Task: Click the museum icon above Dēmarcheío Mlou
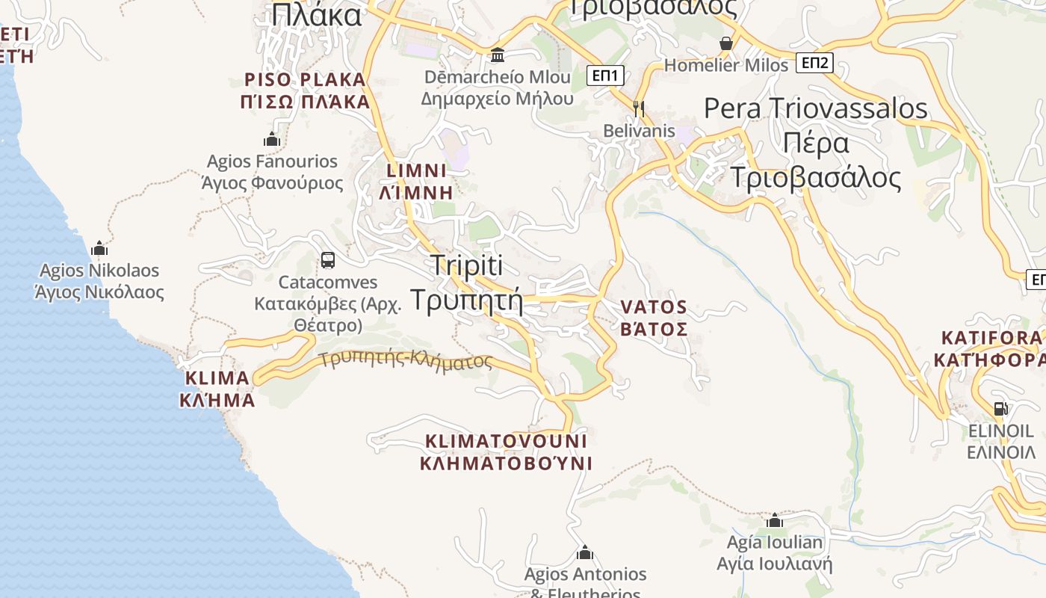pyautogui.click(x=498, y=55)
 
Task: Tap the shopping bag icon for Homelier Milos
pyautogui.click(x=725, y=43)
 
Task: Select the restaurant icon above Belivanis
pyautogui.click(x=638, y=108)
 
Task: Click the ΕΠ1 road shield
pyautogui.click(x=605, y=75)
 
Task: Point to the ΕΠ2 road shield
pyautogui.click(x=814, y=63)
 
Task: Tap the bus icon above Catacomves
pyautogui.click(x=327, y=260)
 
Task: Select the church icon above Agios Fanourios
pyautogui.click(x=272, y=139)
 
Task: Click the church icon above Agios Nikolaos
pyautogui.click(x=99, y=248)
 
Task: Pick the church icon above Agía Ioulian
pyautogui.click(x=775, y=520)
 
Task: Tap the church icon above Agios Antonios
pyautogui.click(x=585, y=552)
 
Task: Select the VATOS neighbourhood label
pyautogui.click(x=654, y=318)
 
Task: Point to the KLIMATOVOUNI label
pyautogui.click(x=506, y=451)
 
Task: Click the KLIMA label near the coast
pyautogui.click(x=217, y=388)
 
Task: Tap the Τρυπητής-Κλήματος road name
pyautogui.click(x=406, y=360)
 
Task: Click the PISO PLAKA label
pyautogui.click(x=306, y=90)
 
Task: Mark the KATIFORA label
pyautogui.click(x=990, y=349)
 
